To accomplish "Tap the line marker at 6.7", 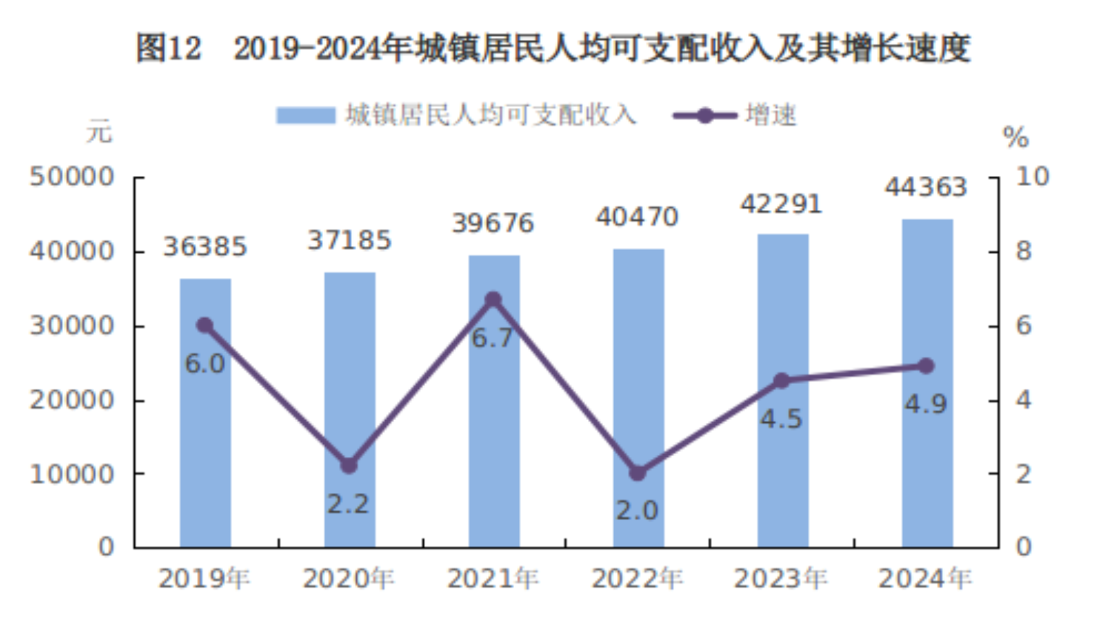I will pyautogui.click(x=493, y=300).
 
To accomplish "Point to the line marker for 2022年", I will pyautogui.click(x=637, y=473).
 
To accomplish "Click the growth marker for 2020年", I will pyautogui.click(x=349, y=466).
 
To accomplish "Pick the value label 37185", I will pyautogui.click(x=349, y=240).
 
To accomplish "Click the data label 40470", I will pyautogui.click(x=637, y=217).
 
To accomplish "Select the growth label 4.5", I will pyautogui.click(x=781, y=419).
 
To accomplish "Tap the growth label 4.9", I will pyautogui.click(x=925, y=404).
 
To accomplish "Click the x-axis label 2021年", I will pyautogui.click(x=493, y=579).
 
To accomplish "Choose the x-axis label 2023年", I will pyautogui.click(x=781, y=579).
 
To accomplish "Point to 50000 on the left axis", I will pyautogui.click(x=72, y=177).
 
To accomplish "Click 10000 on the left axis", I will pyautogui.click(x=72, y=474).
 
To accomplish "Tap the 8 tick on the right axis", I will pyautogui.click(x=1023, y=251).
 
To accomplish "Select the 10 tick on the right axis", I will pyautogui.click(x=1032, y=177).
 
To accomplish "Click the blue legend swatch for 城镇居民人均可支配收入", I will pyautogui.click(x=306, y=116).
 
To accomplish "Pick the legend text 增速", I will pyautogui.click(x=771, y=116).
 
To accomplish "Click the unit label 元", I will pyautogui.click(x=100, y=133).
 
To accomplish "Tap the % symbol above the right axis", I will pyautogui.click(x=1015, y=137).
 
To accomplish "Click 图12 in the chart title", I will pyautogui.click(x=169, y=49).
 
